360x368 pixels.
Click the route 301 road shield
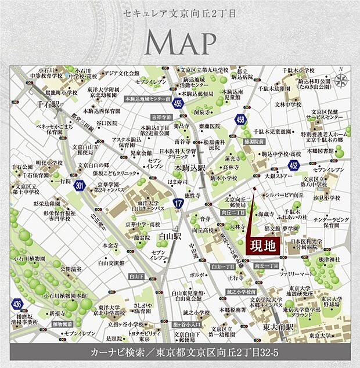[x=79, y=186]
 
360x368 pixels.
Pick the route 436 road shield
[x=17, y=304]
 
